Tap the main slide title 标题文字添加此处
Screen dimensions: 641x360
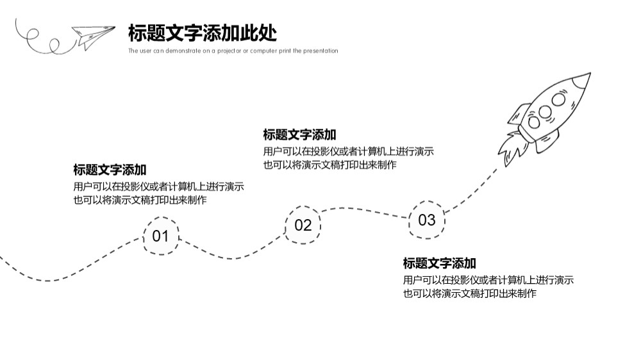pos(203,33)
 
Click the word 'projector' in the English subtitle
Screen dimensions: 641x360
pos(229,51)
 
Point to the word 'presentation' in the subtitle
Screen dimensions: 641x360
pos(320,51)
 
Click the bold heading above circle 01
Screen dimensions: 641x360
pos(110,170)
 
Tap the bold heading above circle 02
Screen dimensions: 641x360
pos(299,135)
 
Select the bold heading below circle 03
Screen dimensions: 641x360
pos(440,263)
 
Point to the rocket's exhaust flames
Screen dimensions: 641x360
pos(511,148)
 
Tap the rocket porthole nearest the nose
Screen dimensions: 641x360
pos(558,99)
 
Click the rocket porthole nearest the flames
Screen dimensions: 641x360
pos(535,122)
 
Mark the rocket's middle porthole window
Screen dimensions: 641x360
pos(545,111)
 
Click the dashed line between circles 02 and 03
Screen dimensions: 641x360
pos(365,210)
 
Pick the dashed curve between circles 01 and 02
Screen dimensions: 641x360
pos(231,258)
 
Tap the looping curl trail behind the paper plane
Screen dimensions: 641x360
pos(43,40)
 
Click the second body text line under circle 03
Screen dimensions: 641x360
pos(469,293)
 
